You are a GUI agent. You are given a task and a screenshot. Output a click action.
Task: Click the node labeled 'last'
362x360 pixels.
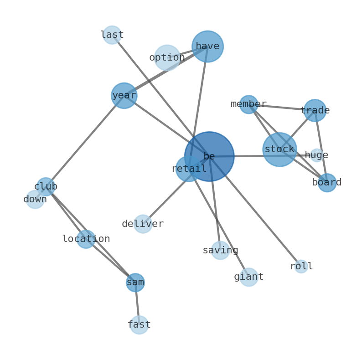pos(112,35)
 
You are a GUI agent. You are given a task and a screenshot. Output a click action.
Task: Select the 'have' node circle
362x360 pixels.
pos(208,46)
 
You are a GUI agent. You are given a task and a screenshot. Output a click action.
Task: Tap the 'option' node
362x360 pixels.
pos(167,58)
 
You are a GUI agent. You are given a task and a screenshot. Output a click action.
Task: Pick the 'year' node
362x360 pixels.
pos(124,96)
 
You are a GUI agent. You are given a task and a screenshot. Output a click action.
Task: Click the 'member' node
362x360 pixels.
pos(248,104)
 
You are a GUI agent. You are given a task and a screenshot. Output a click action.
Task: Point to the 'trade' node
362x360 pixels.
pos(315,111)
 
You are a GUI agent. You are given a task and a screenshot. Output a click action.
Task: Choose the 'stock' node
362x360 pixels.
pos(280,149)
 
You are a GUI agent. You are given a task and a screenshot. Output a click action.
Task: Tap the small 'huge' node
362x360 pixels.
pos(317,155)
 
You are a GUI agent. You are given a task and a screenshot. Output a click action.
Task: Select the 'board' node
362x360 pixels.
pos(327,183)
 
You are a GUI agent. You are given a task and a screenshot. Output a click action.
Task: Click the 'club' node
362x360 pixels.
pos(46,187)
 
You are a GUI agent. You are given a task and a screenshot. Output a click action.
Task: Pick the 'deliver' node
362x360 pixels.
pos(143,224)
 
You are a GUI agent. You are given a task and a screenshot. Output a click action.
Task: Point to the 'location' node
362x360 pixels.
pos(86,239)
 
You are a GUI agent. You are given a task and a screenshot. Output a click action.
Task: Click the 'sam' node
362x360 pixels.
pos(135,283)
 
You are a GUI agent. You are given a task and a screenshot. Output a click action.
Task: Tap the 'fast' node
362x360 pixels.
pos(139,325)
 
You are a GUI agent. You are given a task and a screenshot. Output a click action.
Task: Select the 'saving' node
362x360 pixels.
pos(221,250)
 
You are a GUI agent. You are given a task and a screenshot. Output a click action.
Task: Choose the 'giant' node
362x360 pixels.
pos(248,277)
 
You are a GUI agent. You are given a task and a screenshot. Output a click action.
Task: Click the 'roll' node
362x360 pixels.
pos(301,267)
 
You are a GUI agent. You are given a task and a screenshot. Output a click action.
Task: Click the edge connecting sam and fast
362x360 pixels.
pos(137,303)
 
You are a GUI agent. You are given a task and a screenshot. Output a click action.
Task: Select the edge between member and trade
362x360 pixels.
pos(282,107)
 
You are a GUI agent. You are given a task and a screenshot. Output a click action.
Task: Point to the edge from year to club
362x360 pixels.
pos(85,141)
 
